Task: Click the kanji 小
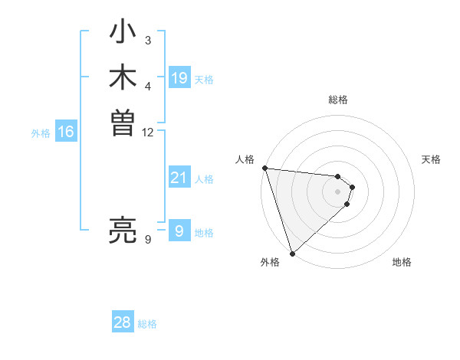coord(123,34)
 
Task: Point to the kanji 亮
coord(123,230)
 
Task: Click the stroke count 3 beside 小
coord(148,40)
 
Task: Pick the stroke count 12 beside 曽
coord(148,132)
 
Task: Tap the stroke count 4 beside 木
coord(148,86)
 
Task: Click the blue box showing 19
coord(179,78)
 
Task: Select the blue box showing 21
coord(179,178)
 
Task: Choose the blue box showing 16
coord(66,132)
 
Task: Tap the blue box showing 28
coord(123,322)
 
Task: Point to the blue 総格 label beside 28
coord(147,324)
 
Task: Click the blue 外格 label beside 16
coord(41,133)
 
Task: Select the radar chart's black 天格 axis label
coord(432,159)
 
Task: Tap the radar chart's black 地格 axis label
coord(402,263)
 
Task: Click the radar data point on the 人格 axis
coord(264,168)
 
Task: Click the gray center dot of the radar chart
coord(337,191)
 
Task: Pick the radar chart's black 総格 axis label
coord(337,100)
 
